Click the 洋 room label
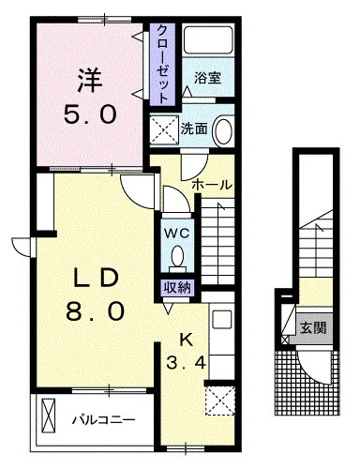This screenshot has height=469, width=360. coord(90,81)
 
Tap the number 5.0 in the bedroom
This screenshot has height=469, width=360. coord(90,113)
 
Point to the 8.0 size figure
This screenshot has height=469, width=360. coord(95,310)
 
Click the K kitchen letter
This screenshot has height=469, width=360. coord(186,340)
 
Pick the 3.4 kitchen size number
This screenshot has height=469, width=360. coord(186,363)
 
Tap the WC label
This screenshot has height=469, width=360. coord(177,233)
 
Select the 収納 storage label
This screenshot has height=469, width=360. coord(177,288)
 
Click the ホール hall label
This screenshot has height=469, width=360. coord(213,185)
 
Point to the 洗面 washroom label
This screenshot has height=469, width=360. coord(194,129)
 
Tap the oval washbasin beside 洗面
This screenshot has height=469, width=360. coord(223,130)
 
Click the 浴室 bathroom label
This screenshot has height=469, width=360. coord(208,78)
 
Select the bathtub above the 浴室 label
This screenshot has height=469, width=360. coord(208,40)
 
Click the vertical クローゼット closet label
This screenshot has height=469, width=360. coord(162,64)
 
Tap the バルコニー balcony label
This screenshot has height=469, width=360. coord(104,419)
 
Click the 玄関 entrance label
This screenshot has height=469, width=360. coord(313,328)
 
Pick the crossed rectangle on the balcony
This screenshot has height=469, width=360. coord(49,415)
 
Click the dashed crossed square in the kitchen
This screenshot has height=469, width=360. coord(220,401)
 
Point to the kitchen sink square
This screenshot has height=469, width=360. coord(222,320)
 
